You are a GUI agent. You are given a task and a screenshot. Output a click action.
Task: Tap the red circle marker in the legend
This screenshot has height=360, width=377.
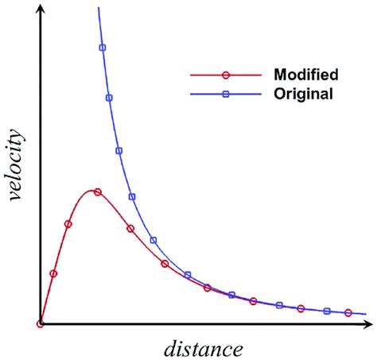[x=225, y=75]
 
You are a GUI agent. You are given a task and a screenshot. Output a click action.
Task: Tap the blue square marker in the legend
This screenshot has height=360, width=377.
[x=225, y=94]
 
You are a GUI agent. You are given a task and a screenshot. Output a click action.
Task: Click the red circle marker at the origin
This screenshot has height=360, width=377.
[x=39, y=323]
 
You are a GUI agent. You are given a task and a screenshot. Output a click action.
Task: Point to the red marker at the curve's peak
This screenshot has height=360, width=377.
[x=97, y=192]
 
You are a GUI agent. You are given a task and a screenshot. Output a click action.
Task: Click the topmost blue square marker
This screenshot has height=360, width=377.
[x=102, y=48]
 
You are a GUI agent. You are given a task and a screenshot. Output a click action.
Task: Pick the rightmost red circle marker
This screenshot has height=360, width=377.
[x=348, y=313]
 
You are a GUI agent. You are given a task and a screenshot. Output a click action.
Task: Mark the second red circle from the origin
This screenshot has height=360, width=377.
[x=53, y=273]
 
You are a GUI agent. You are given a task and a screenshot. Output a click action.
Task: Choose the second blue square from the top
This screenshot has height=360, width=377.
[x=109, y=98]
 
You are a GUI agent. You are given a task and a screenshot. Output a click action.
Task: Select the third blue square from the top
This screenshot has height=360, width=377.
[x=119, y=150]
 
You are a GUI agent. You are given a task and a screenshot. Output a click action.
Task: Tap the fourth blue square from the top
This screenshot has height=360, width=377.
[x=132, y=196]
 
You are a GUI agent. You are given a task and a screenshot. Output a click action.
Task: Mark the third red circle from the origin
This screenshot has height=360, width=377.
[x=68, y=224]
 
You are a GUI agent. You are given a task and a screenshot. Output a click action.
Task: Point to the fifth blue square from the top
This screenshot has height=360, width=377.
[x=154, y=240]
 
